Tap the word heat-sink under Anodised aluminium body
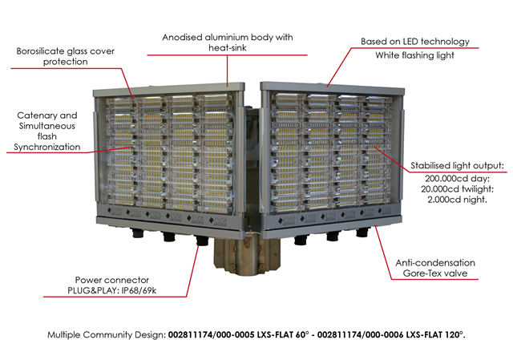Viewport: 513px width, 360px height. [x=228, y=48]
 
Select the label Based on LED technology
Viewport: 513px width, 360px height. [x=415, y=42]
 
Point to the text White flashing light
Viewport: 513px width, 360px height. [x=414, y=55]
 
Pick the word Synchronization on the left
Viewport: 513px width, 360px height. [x=46, y=148]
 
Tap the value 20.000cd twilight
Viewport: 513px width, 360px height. [x=457, y=189]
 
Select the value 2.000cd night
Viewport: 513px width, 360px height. [x=457, y=200]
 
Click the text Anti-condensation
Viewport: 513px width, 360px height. [x=435, y=263]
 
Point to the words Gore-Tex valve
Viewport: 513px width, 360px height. [x=435, y=273]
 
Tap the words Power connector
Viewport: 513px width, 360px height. [x=112, y=280]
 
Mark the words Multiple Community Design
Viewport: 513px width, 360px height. [x=107, y=335]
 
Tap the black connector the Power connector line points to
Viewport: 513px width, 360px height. [x=202, y=241]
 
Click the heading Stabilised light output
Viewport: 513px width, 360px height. [x=457, y=166]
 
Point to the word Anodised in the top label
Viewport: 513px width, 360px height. [x=182, y=38]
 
